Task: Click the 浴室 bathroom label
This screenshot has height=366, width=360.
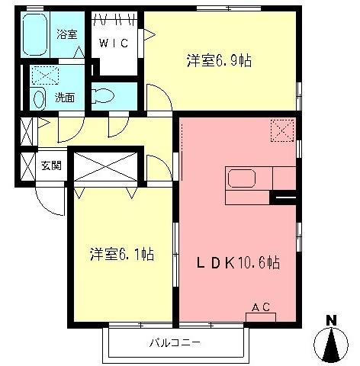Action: [67, 34]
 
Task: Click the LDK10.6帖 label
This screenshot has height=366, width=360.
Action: [238, 263]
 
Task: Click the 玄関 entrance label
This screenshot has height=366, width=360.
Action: [50, 165]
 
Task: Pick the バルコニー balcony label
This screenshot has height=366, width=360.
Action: [175, 343]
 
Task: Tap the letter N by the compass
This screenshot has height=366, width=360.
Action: [332, 320]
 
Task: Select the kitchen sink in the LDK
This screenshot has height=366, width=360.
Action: [243, 181]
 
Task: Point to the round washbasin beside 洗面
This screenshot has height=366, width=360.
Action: [39, 98]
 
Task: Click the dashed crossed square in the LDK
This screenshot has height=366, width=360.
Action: [281, 131]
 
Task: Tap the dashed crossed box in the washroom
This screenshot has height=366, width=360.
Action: [44, 75]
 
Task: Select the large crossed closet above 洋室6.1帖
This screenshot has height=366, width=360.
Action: [107, 165]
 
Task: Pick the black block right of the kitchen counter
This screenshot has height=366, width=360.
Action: [284, 200]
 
